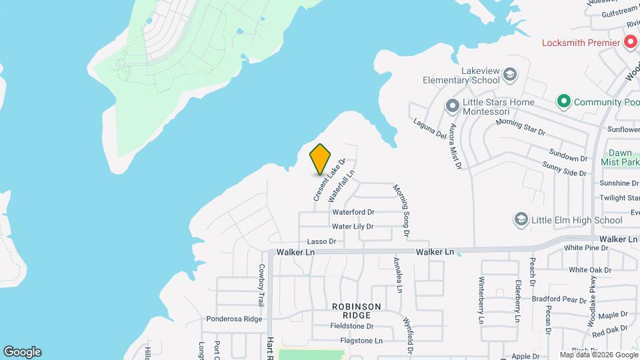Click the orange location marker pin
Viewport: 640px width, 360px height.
tap(321, 159)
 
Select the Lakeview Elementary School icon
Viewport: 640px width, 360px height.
tap(510, 73)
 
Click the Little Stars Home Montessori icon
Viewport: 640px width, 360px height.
tap(453, 106)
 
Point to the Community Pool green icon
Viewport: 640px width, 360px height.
tap(563, 102)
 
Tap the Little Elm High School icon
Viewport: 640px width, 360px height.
tap(521, 219)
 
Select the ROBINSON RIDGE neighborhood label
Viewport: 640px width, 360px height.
tap(357, 311)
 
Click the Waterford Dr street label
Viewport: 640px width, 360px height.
tap(353, 213)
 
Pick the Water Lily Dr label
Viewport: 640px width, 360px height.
tap(353, 227)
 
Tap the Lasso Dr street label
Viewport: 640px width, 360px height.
tap(320, 241)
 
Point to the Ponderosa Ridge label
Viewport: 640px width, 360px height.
tap(234, 319)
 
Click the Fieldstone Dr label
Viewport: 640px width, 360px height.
tap(352, 327)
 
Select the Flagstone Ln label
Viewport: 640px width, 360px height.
tap(361, 341)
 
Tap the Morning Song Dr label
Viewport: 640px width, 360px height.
tap(401, 211)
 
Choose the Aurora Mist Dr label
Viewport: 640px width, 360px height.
tap(455, 146)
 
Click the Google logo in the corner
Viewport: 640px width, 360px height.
tap(22, 352)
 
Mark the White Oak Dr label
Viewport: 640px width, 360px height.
tap(589, 270)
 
